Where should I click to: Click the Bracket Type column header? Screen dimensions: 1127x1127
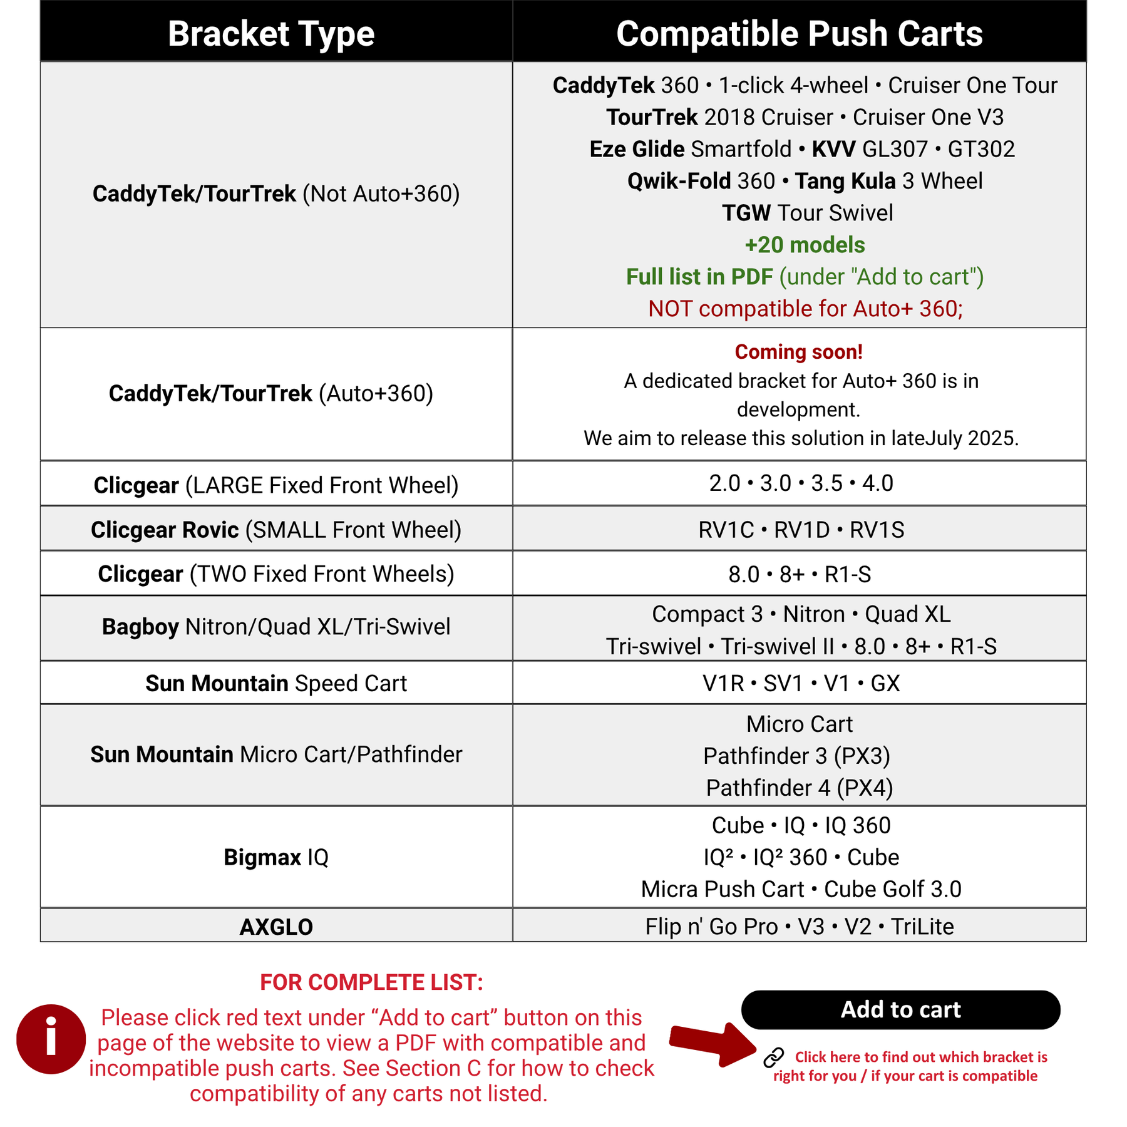(270, 34)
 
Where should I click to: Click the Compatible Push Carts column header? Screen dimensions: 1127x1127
(799, 34)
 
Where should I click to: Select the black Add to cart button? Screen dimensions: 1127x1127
(900, 1009)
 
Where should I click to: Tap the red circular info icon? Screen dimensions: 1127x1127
(51, 1039)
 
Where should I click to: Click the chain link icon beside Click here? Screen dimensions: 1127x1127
(774, 1057)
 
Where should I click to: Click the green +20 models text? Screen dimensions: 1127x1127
(805, 245)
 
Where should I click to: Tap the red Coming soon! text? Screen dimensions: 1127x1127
(798, 352)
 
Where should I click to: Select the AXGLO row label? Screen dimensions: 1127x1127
(276, 927)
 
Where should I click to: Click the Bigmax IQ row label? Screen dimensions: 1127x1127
(276, 857)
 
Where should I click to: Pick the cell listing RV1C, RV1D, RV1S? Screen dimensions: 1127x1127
(801, 530)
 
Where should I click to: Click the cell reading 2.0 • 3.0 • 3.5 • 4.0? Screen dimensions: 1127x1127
(801, 483)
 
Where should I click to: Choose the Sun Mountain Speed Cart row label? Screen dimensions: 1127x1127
(276, 683)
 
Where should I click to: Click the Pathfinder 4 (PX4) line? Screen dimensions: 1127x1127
(800, 788)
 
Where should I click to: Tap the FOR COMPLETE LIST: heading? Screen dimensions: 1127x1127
(371, 982)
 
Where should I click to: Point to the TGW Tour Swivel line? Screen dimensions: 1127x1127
(807, 213)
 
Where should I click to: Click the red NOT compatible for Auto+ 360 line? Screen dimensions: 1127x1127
(805, 309)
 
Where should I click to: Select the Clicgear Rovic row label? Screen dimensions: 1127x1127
(276, 530)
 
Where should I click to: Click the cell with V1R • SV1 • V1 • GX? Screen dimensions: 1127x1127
(801, 683)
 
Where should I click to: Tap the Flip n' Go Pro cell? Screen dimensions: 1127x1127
(800, 927)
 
